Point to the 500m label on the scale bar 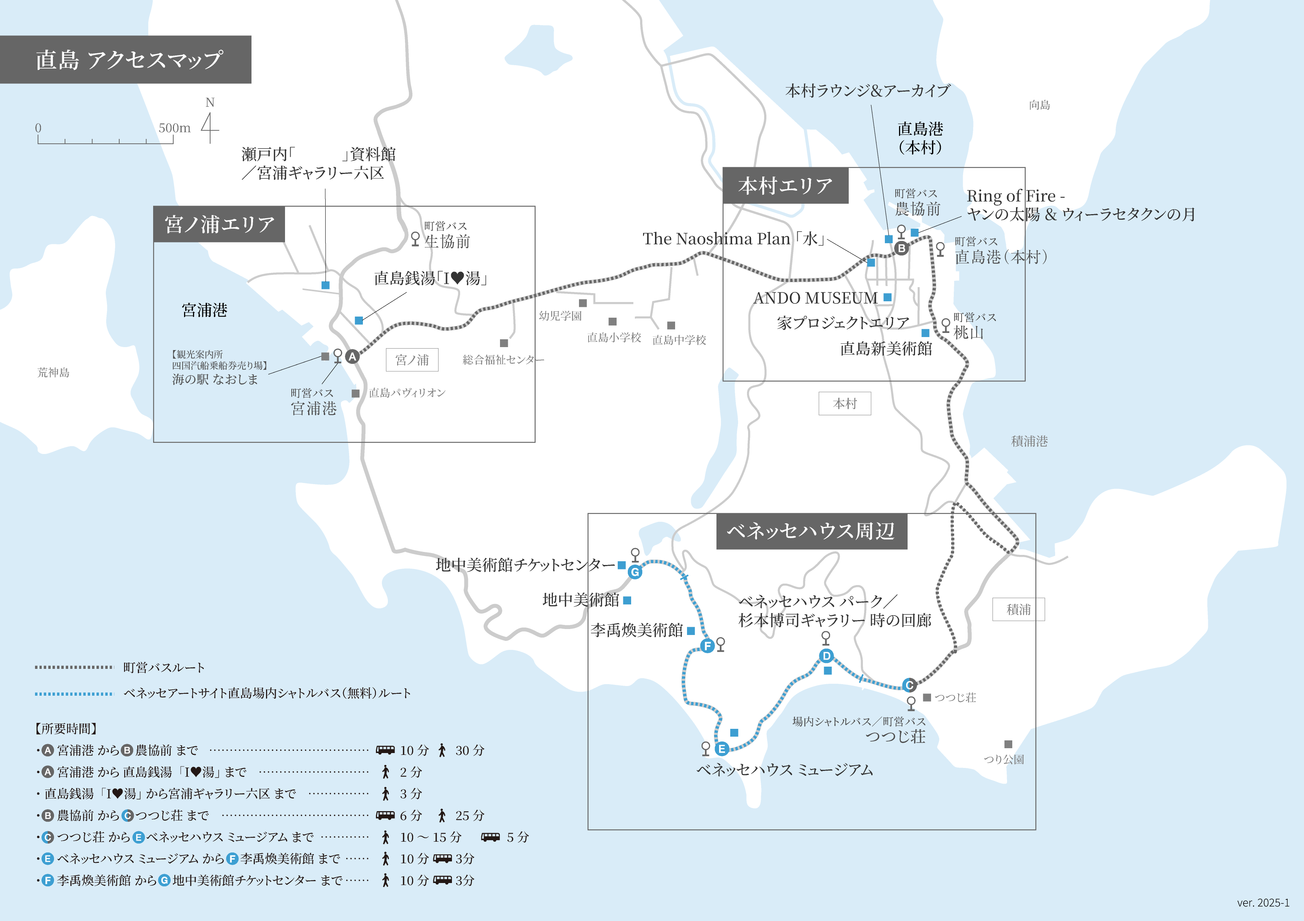coord(174,128)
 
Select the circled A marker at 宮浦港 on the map coord(352,356)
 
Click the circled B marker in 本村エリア coord(901,248)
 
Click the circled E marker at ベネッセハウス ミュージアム coord(722,749)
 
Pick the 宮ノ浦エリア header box coord(219,224)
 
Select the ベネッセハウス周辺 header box coord(811,531)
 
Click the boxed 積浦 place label coord(1018,609)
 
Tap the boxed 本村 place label coord(845,404)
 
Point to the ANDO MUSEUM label coord(815,298)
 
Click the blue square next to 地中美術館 coord(627,600)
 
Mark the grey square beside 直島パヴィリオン coord(355,393)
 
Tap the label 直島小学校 coord(614,338)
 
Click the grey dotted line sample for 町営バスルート coord(74,667)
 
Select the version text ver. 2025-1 coord(1263,903)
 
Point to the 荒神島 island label coord(53,372)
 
